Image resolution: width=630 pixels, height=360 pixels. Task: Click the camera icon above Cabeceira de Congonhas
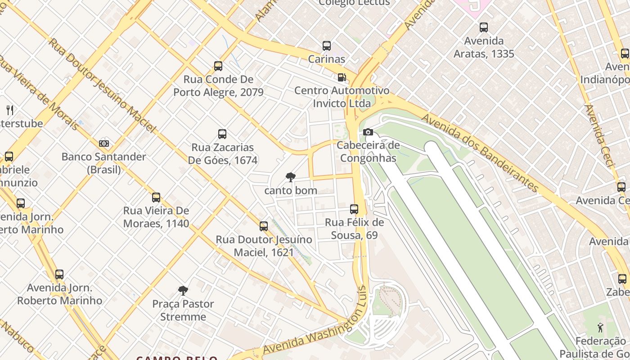tap(368, 132)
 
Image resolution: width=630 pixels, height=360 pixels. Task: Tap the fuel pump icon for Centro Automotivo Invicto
tap(342, 77)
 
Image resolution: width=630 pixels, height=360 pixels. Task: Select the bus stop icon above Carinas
tap(327, 46)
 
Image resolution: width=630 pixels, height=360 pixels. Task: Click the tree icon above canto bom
tap(291, 177)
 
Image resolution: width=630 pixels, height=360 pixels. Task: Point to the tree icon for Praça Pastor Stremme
tap(183, 291)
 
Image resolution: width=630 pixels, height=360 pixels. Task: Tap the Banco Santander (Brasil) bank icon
tap(104, 144)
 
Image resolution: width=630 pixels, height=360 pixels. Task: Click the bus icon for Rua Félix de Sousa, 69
tap(354, 209)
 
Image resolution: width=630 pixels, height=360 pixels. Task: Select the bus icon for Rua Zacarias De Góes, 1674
tap(222, 134)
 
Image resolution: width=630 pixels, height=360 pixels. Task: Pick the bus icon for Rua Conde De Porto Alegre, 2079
tap(218, 66)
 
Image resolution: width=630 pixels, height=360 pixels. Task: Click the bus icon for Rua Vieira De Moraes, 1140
tap(156, 198)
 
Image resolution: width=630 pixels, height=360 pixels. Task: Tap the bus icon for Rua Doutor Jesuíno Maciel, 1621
tap(264, 226)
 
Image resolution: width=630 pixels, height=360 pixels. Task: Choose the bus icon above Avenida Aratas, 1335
tap(484, 27)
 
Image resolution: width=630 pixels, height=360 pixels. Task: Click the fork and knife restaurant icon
tap(10, 110)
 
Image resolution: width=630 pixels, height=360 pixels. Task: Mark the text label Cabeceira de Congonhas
tap(368, 152)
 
